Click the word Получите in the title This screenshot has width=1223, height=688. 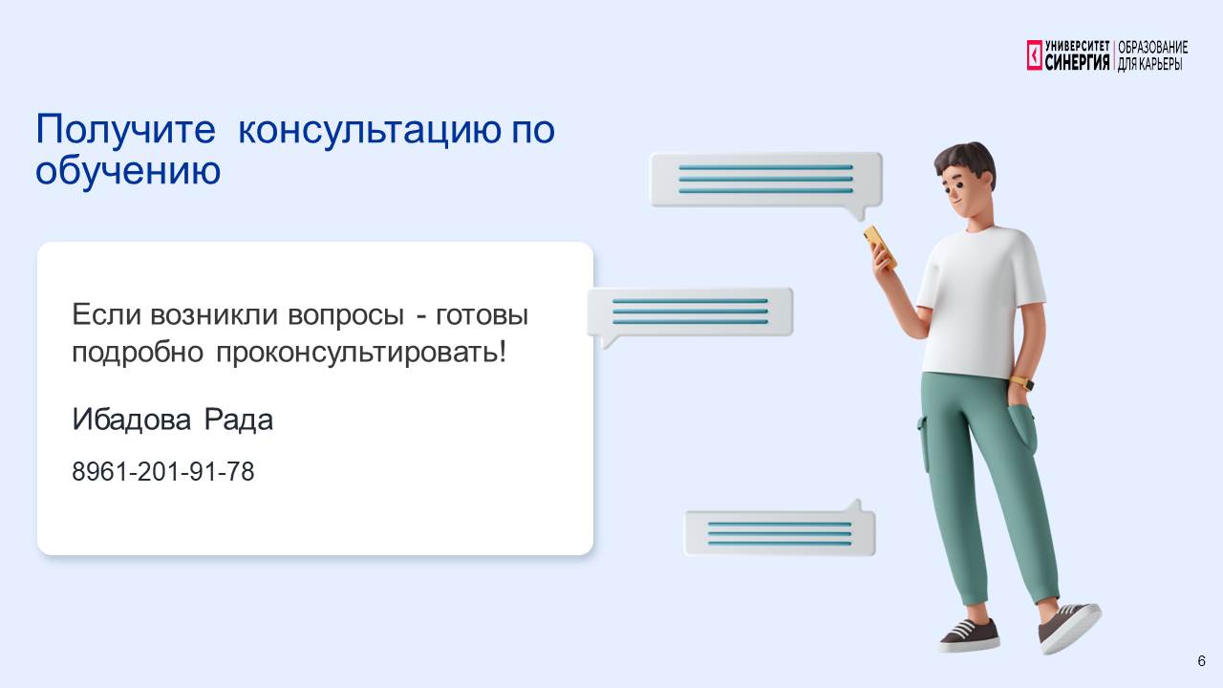(125, 129)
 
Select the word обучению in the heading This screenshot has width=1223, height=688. (128, 170)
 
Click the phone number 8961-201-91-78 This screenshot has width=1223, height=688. (162, 471)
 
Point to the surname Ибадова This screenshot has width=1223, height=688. (131, 419)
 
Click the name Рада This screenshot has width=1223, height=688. (239, 419)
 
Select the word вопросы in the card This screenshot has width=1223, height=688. (346, 315)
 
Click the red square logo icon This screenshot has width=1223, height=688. (1034, 55)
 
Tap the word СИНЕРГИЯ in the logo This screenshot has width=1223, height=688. (1077, 62)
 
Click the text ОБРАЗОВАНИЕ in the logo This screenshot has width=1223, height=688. (1152, 47)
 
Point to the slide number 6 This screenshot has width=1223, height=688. (1201, 660)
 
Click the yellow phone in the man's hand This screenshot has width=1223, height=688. (880, 247)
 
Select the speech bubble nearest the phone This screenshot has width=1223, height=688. (766, 182)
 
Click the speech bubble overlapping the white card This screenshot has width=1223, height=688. (690, 312)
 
